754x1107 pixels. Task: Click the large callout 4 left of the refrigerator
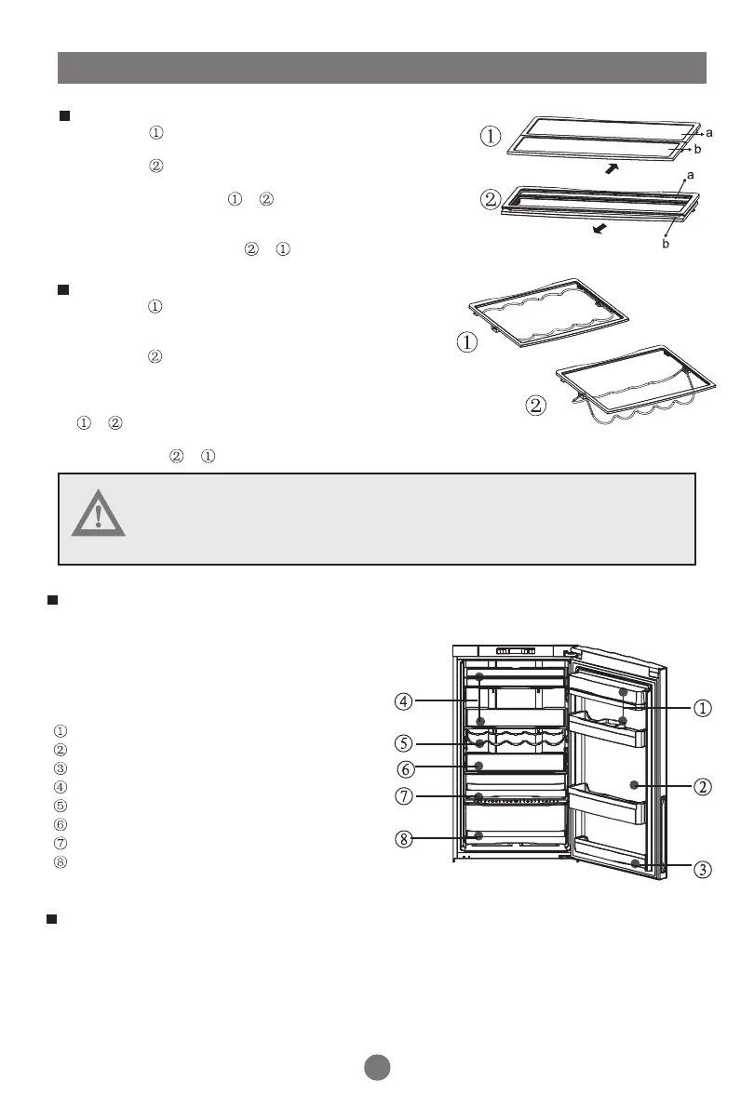click(403, 700)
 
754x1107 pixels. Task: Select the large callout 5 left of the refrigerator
click(403, 744)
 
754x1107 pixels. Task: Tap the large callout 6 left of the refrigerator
click(403, 769)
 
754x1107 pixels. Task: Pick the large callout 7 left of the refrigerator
click(403, 797)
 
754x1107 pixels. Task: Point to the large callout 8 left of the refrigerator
click(403, 839)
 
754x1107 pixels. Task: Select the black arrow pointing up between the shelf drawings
click(612, 168)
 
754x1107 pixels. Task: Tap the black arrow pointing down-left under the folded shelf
click(605, 228)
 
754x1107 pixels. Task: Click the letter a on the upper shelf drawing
click(708, 134)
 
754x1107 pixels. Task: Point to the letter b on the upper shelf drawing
click(709, 149)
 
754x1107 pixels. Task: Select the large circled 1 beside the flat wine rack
click(467, 342)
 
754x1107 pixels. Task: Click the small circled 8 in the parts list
click(61, 861)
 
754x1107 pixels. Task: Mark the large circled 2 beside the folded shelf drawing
click(489, 200)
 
